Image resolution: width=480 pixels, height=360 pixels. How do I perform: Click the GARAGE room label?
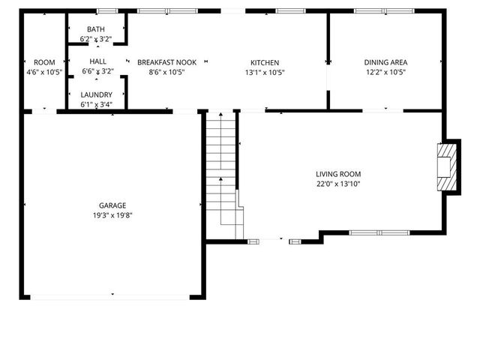point(112,205)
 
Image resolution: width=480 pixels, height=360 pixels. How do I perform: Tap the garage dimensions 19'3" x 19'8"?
point(112,215)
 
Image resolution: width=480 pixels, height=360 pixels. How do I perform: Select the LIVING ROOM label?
point(338,173)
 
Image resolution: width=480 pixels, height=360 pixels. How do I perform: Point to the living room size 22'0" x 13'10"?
point(338,184)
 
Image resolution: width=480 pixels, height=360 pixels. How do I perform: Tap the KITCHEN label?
point(265,62)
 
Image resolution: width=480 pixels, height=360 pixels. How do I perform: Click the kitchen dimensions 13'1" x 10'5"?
point(265,73)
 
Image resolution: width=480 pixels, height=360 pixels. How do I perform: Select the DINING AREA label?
point(385,62)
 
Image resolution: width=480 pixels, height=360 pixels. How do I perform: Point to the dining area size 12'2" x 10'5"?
point(385,73)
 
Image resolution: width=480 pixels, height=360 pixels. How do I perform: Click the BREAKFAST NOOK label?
point(166,62)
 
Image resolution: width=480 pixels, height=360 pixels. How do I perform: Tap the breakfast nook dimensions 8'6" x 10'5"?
point(166,73)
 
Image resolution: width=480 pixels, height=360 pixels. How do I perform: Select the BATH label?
point(95,29)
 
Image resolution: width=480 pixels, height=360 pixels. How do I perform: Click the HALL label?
point(97,61)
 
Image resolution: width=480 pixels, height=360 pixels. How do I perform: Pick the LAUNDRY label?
point(96,94)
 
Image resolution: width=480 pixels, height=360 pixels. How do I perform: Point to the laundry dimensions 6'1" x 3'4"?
point(96,104)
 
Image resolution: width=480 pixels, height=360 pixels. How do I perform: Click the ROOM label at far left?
point(44,62)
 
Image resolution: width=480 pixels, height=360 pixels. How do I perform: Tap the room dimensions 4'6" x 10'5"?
point(44,73)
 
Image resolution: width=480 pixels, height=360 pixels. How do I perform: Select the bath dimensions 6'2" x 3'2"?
point(95,39)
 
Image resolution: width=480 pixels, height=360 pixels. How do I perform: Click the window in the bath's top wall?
point(107,11)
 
